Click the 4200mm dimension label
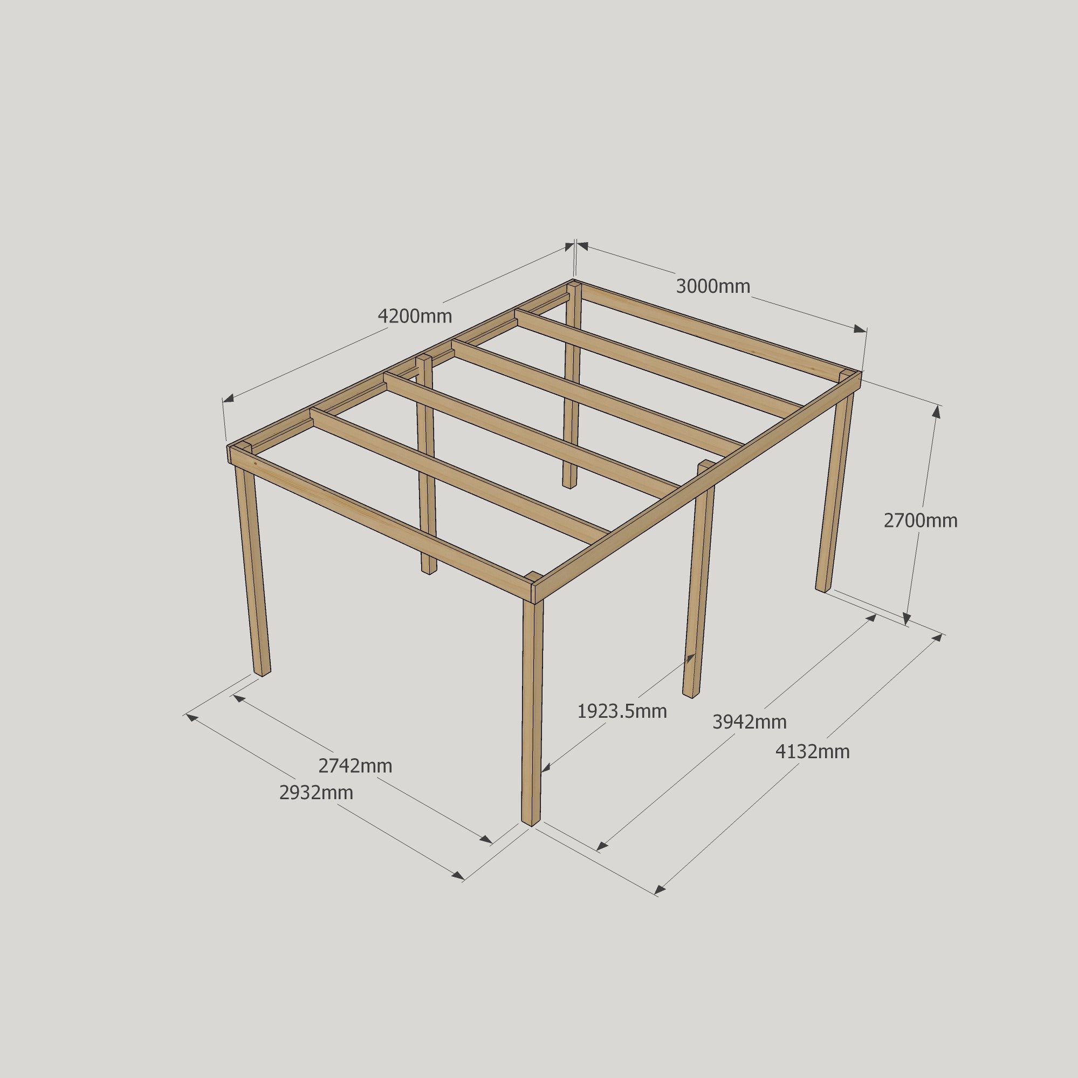(x=415, y=317)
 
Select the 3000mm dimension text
(x=712, y=286)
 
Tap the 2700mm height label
(x=920, y=520)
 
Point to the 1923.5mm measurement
(x=622, y=711)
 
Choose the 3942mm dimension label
(x=750, y=722)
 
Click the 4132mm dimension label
(x=812, y=752)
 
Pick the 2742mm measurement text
(x=355, y=766)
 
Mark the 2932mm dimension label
(x=316, y=792)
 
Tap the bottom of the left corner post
(x=262, y=671)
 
